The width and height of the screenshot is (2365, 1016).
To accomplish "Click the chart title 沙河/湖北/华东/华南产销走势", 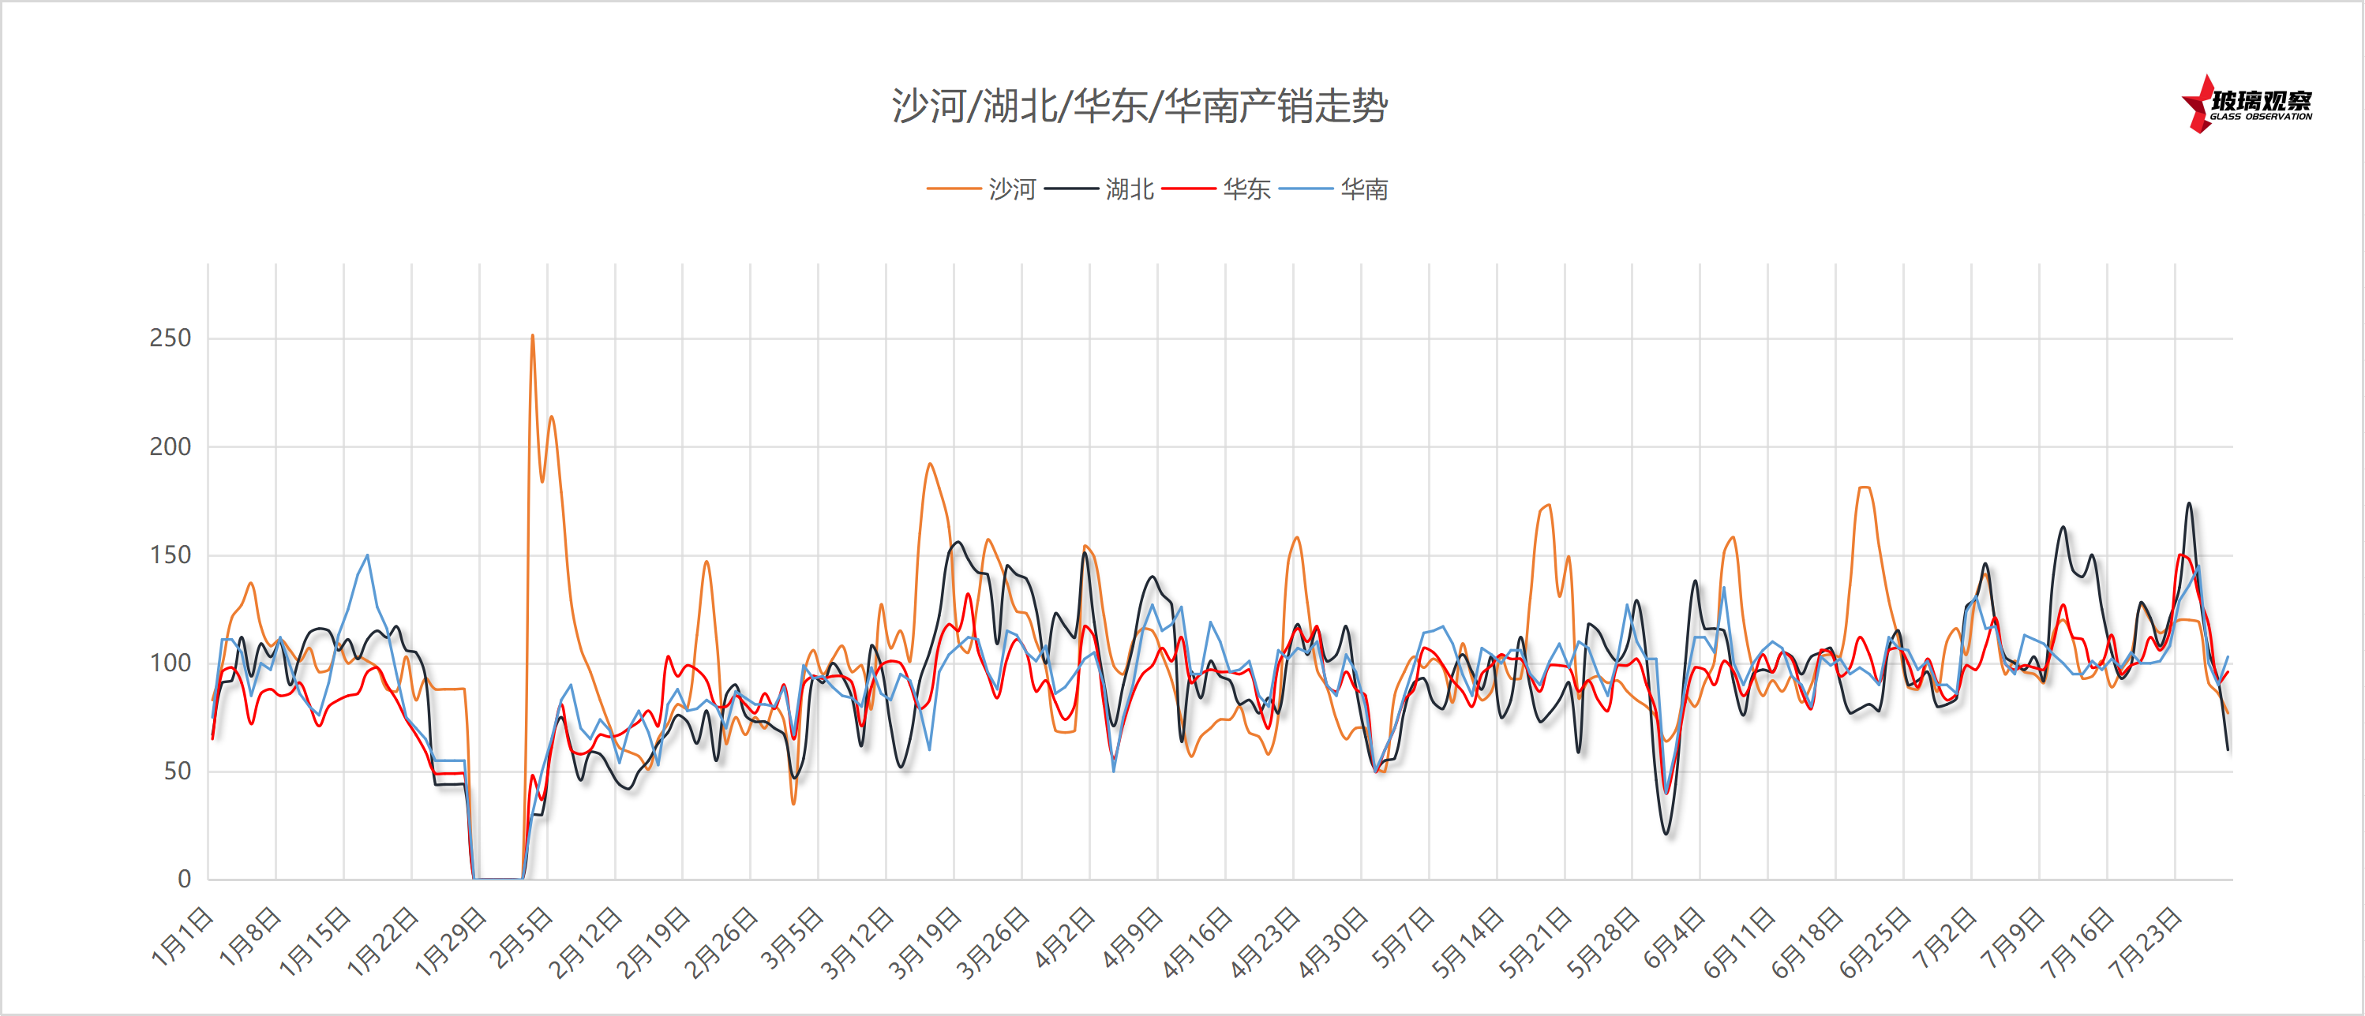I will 1139,106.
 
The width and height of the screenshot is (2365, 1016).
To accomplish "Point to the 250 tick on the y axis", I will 170,338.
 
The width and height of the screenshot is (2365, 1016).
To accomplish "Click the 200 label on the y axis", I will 170,447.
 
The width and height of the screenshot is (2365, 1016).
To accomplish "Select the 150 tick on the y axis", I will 170,555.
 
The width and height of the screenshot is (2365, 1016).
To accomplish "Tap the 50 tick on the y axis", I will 177,772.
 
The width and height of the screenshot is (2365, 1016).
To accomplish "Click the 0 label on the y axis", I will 185,880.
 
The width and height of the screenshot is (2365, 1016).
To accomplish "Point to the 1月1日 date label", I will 182,937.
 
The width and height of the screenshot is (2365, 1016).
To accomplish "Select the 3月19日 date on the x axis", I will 924,943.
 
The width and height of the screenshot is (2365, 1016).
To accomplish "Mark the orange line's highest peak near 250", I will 533,336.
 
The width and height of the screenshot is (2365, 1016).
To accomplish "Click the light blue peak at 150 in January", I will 367,555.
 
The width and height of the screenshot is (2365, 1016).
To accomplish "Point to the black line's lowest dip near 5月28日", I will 1666,832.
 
